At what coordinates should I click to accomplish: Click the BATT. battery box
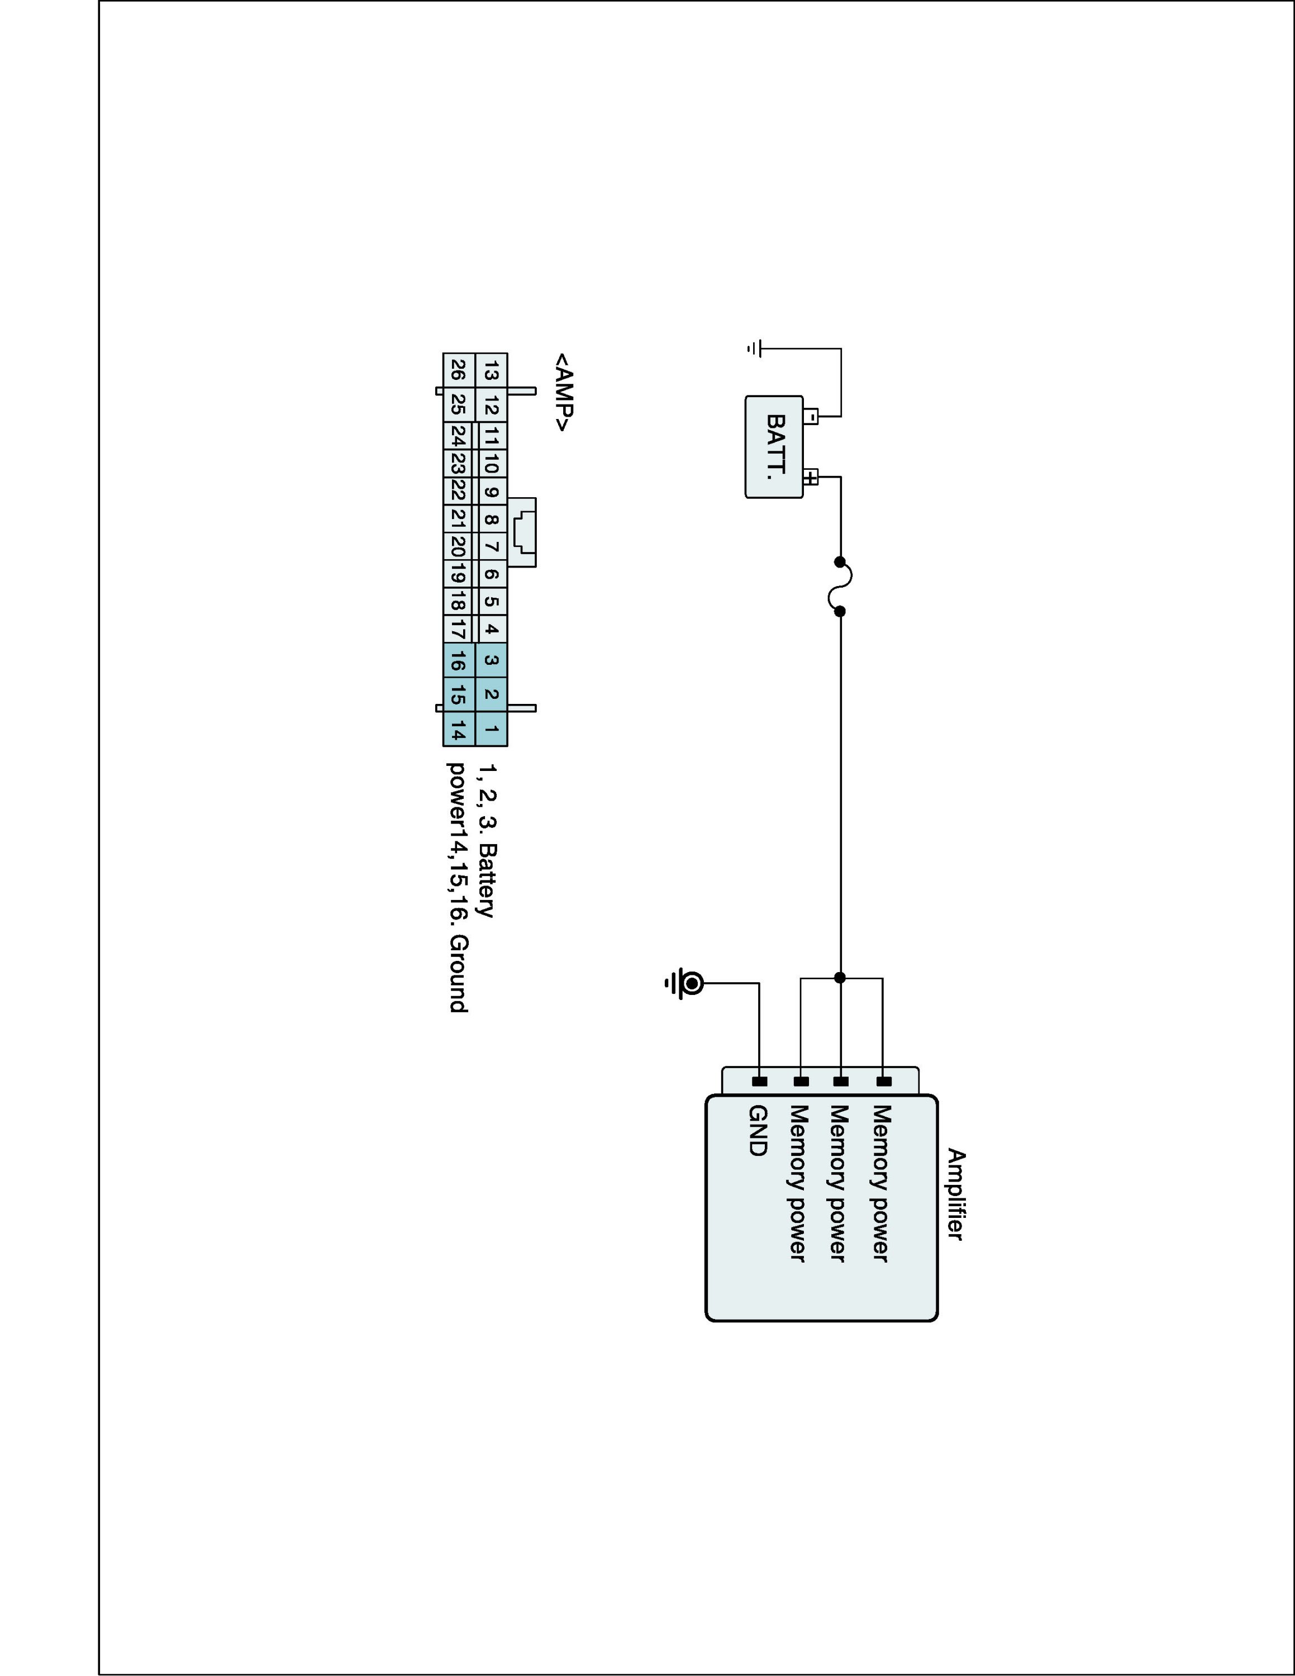pyautogui.click(x=773, y=446)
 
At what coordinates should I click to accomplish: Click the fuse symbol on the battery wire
pyautogui.click(x=841, y=586)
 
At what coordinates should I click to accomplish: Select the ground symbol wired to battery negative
pyautogui.click(x=754, y=349)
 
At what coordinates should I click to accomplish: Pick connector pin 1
pyautogui.click(x=492, y=729)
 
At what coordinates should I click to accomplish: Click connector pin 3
pyautogui.click(x=492, y=660)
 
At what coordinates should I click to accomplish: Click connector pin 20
pyautogui.click(x=457, y=546)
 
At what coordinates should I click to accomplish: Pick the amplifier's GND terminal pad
pyautogui.click(x=759, y=1081)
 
